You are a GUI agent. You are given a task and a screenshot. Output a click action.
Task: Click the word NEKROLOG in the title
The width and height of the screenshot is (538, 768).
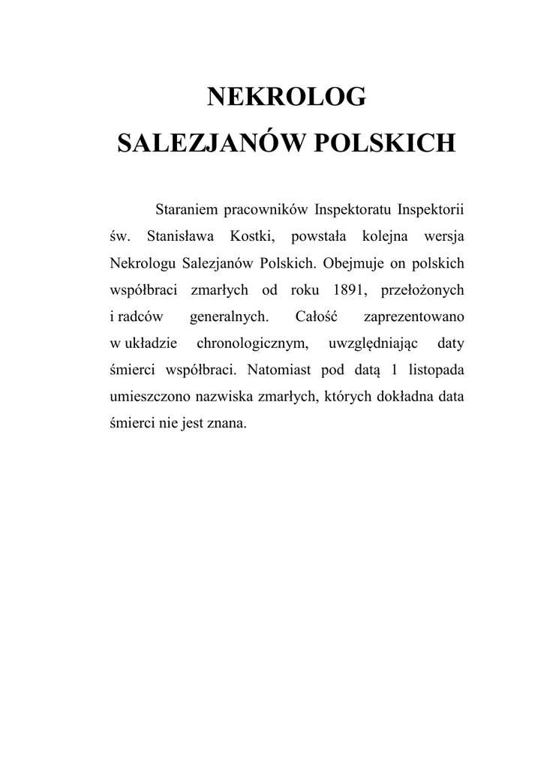pos(286,97)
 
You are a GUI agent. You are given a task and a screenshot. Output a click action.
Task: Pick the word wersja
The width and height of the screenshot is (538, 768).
pos(445,237)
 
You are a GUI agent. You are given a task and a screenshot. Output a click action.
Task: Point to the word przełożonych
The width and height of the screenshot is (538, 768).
pos(419,290)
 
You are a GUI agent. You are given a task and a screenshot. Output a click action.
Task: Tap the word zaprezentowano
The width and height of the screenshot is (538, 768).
pos(413,316)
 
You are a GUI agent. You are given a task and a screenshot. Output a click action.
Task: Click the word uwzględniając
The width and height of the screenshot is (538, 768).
pos(368,343)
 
